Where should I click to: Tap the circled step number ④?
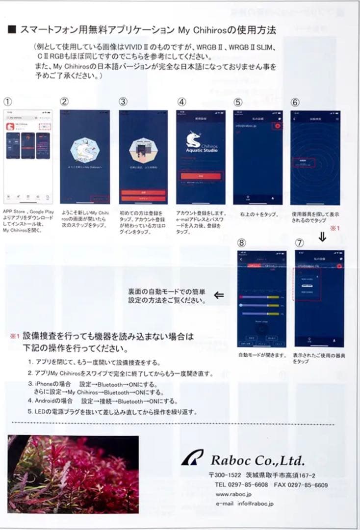point(181,102)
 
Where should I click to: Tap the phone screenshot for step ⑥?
point(315,157)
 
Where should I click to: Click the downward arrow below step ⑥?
point(322,237)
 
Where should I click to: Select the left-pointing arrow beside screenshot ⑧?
point(219,295)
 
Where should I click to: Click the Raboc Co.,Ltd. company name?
point(257,460)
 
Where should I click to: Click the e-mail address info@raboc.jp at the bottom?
point(256,503)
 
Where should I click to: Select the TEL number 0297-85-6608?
point(248,485)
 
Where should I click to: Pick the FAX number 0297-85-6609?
point(308,485)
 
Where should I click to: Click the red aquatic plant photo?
point(73,474)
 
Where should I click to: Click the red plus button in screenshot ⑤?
point(278,126)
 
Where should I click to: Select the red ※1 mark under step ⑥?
point(335,228)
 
